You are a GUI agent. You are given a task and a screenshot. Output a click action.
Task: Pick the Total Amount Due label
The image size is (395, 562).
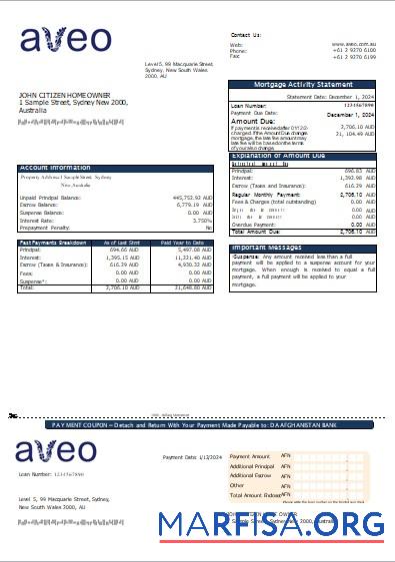(x=256, y=232)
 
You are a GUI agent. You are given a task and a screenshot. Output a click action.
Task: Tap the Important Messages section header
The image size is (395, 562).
(x=267, y=248)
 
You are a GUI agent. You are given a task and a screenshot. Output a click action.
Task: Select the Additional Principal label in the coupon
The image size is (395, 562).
(x=252, y=466)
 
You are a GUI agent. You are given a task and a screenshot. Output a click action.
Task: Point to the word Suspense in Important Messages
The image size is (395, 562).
(x=246, y=258)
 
